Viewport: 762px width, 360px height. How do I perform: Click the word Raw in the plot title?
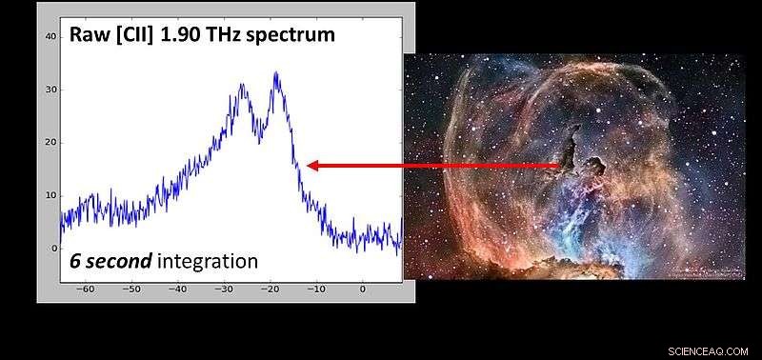coord(89,36)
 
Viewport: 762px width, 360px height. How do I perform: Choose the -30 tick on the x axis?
coord(224,288)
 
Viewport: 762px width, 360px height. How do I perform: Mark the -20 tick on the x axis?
coord(271,288)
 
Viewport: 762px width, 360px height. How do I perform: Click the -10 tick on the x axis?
coord(316,288)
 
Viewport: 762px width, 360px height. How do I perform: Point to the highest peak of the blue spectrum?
coord(275,73)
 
